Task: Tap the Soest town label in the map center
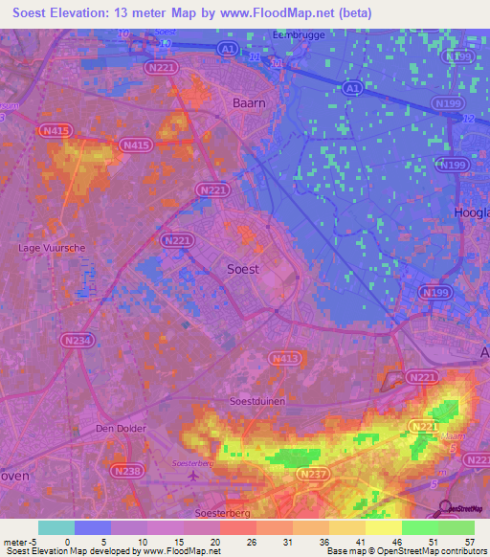point(242,269)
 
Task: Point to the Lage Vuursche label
point(53,248)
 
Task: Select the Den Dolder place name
point(119,429)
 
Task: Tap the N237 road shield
point(312,474)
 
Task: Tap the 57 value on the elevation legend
point(469,542)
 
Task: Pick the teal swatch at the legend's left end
point(56,527)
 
